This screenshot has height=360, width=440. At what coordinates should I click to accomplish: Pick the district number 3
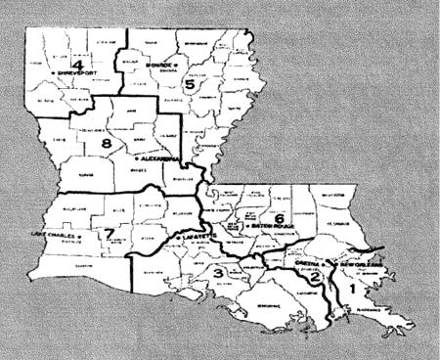pyautogui.click(x=219, y=271)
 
